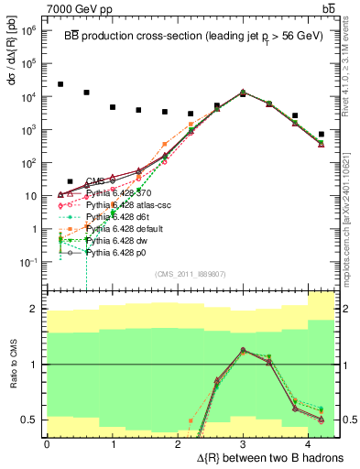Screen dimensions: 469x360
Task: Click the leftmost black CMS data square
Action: [60, 84]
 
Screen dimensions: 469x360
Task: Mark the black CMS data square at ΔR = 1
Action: [113, 106]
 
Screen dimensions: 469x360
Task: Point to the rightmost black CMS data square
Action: [321, 134]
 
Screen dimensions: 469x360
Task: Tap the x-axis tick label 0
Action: [47, 443]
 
